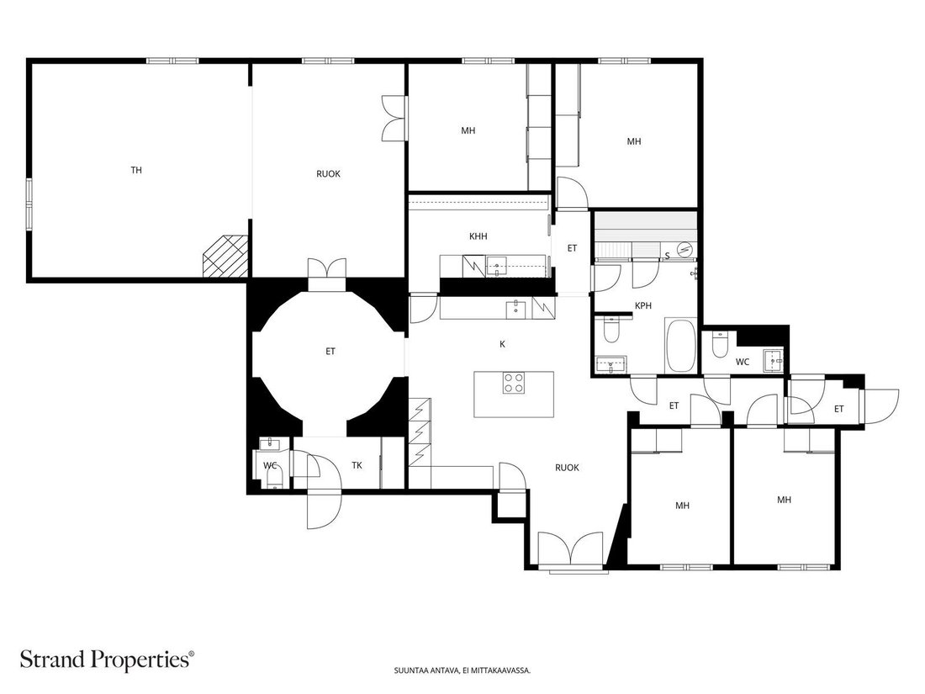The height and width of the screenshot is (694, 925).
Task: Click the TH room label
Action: point(136,171)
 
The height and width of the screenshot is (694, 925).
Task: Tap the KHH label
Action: point(478,236)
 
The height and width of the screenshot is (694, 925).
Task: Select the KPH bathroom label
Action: point(643,305)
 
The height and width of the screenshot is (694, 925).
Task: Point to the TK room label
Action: point(357,466)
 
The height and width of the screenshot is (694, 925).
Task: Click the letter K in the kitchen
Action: point(503,344)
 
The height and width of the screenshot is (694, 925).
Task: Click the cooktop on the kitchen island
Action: point(514,383)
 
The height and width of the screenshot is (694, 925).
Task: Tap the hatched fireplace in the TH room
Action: point(225,256)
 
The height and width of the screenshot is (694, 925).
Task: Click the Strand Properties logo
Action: point(107,660)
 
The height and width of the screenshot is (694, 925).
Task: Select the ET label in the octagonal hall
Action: point(330,352)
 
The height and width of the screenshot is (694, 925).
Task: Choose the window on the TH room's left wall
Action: point(29,203)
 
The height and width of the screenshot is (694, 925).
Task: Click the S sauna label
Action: point(667,256)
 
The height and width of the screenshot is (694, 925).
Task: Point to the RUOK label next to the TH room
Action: point(328,174)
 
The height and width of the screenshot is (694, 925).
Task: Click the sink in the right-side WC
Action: point(774,361)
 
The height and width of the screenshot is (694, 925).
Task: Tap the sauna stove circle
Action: point(684,250)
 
